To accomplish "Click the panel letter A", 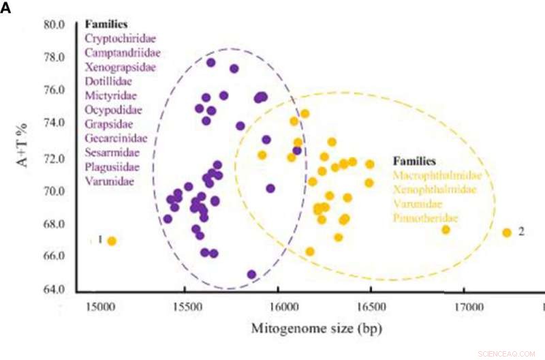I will click(x=5, y=12).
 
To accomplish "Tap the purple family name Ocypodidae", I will click(x=113, y=110).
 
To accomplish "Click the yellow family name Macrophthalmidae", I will click(x=437, y=175).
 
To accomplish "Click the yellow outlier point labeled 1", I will click(x=112, y=241).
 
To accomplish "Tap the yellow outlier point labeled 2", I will click(x=507, y=232).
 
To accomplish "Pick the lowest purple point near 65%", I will click(x=251, y=274).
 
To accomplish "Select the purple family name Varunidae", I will click(x=109, y=181).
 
